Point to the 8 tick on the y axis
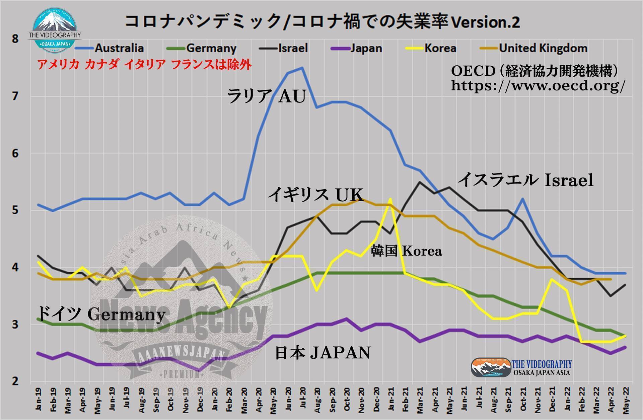pos(15,39)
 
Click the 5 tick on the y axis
pos(15,211)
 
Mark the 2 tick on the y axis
pos(15,381)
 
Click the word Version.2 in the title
pos(486,22)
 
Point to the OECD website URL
pos(538,86)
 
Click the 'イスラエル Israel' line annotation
pos(525,180)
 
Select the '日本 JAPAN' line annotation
pos(323,353)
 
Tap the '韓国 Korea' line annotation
pos(406,251)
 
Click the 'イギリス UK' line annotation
pos(316,195)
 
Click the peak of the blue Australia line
pos(302,68)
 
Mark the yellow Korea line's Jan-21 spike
pos(390,199)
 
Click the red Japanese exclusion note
pos(144,65)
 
